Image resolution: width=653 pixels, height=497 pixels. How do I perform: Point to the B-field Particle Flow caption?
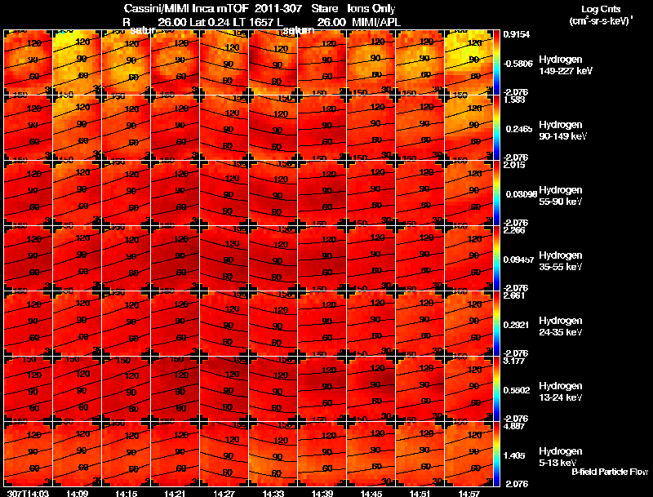click(610, 472)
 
